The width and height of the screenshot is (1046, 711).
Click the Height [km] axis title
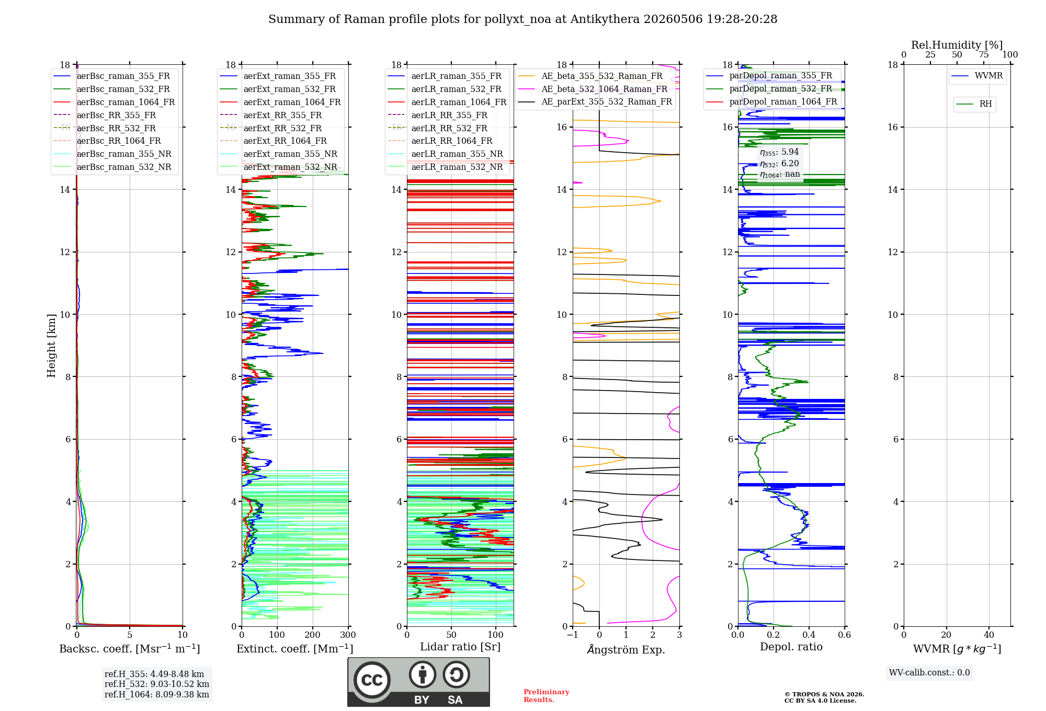click(51, 346)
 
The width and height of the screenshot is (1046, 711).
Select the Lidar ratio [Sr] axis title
click(460, 647)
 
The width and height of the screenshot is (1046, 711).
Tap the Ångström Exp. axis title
click(626, 649)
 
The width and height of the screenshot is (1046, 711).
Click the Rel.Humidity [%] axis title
click(957, 45)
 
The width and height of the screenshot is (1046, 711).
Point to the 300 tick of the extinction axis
click(348, 635)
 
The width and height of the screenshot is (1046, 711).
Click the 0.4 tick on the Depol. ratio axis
click(809, 635)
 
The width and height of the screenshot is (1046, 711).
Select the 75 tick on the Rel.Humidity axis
click(984, 54)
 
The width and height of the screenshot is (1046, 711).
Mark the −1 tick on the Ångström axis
click(573, 635)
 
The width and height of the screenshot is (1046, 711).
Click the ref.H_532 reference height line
click(157, 684)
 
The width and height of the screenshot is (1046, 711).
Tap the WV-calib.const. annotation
click(929, 673)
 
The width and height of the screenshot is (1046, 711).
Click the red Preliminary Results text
click(547, 696)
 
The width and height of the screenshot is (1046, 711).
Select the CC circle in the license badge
click(372, 680)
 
